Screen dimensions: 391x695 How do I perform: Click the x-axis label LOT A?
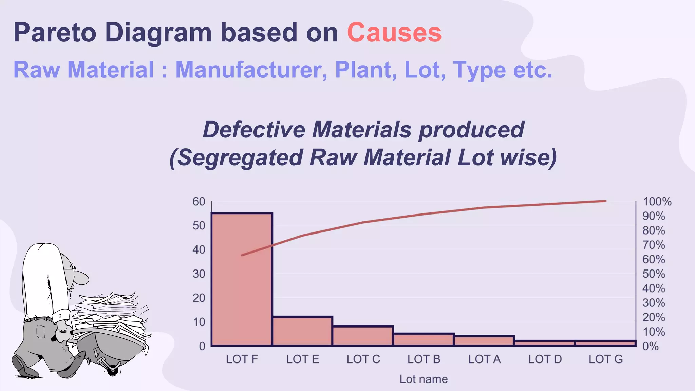point(484,359)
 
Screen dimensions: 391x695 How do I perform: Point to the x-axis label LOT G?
point(606,359)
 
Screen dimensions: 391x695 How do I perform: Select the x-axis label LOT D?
point(545,359)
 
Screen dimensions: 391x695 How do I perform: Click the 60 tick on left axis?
point(199,202)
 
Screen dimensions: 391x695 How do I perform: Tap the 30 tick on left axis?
point(199,274)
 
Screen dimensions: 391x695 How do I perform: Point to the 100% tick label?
point(657,202)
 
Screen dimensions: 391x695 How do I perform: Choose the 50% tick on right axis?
point(654,274)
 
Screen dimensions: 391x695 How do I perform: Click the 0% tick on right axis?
point(651,346)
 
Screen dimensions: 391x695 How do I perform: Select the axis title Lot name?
point(424,379)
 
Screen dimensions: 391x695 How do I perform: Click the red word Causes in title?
point(394,33)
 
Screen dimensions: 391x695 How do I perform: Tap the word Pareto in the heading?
point(55,33)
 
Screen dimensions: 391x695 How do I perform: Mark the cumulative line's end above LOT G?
point(605,201)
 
